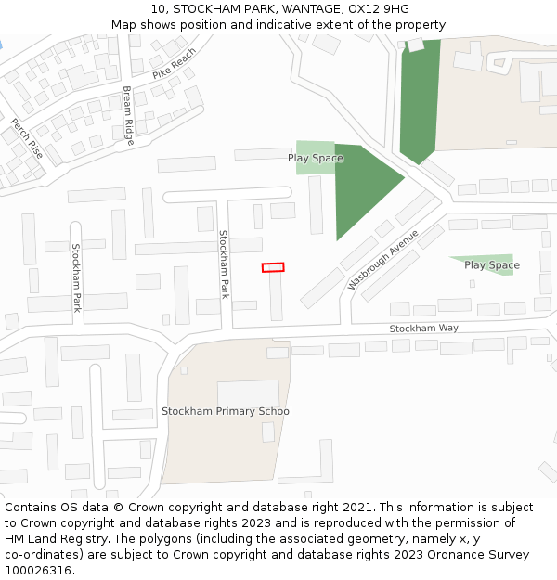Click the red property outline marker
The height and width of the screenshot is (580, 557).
click(273, 267)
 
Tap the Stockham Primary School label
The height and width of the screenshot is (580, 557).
click(227, 411)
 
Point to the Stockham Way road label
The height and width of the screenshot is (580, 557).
click(423, 329)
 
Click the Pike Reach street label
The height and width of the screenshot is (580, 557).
click(175, 62)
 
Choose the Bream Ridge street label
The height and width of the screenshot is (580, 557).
click(129, 116)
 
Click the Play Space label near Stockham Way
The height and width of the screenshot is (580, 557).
click(492, 265)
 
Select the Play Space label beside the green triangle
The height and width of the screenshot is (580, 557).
click(315, 158)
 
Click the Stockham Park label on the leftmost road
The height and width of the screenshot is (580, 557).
click(77, 277)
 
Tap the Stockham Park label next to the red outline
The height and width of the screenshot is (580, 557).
click(224, 264)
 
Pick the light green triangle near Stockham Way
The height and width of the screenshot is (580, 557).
click(487, 261)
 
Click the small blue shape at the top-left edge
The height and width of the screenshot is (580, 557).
click(1, 44)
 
